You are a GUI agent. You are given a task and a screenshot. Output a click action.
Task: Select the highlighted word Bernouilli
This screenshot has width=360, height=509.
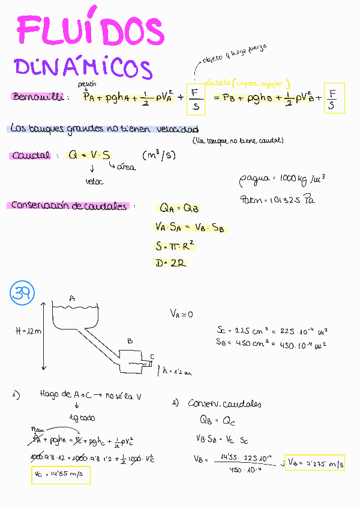coord(37,97)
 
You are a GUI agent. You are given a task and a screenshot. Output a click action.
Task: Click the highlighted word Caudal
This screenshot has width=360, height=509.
coord(29,155)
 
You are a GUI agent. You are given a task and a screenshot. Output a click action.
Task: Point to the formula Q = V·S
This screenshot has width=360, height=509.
coord(89,155)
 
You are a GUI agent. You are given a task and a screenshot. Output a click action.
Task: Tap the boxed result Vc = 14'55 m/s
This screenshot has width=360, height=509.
coord(61,475)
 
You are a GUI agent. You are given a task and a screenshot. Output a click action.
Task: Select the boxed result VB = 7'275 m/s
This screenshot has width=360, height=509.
coord(314,463)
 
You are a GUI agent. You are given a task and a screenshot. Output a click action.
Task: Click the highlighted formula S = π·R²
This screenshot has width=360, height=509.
coord(176,246)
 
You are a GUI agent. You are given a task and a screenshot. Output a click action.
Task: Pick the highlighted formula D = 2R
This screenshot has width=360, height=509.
coord(169,263)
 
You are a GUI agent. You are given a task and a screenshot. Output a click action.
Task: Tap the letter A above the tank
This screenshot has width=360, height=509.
coord(71,298)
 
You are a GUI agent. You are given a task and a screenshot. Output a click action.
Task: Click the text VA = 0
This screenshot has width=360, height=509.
coord(182,313)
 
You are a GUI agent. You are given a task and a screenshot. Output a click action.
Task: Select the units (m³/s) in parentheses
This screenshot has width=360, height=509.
coord(158,156)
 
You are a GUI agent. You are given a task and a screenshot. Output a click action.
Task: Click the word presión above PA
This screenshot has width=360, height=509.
coord(87,84)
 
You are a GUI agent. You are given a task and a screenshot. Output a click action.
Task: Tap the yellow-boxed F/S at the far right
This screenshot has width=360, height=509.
coord(334,98)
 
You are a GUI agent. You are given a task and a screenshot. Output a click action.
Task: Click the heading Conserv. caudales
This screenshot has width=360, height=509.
coord(225,404)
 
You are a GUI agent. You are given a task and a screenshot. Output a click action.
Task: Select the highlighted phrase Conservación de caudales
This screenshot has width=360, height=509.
coord(68,206)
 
